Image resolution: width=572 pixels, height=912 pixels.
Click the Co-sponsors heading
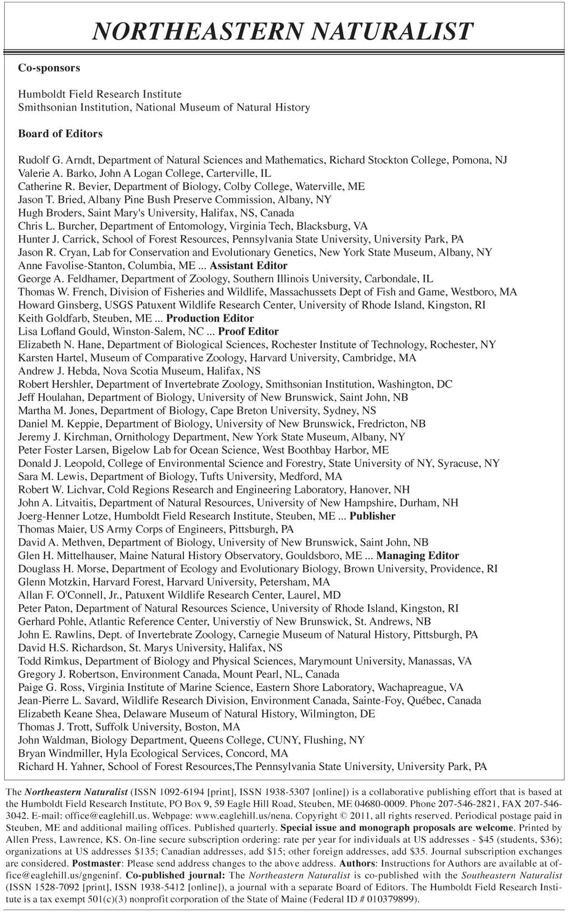(49, 68)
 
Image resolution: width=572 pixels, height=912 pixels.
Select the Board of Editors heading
(60, 133)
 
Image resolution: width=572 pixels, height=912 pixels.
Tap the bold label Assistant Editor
(248, 266)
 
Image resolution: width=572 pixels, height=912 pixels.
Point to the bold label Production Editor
(210, 318)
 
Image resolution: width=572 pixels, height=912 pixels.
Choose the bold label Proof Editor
(248, 331)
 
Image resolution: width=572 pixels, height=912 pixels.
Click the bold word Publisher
(372, 516)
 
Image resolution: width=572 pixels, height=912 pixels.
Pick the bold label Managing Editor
(418, 555)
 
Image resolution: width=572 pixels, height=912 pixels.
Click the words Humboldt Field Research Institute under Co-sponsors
(100, 94)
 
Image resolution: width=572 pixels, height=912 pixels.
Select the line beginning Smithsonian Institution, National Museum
(164, 107)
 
